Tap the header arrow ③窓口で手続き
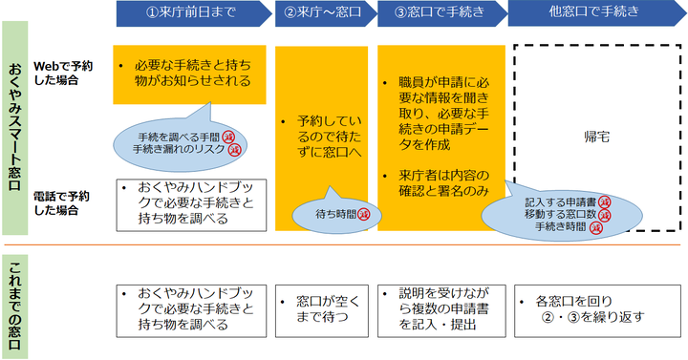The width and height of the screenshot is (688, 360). pyautogui.click(x=439, y=13)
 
